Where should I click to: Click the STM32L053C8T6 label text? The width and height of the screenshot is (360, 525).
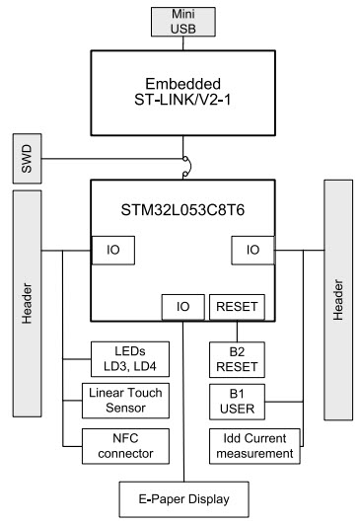click(181, 209)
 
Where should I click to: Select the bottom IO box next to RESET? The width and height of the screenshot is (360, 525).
click(183, 307)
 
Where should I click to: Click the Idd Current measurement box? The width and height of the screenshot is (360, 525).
click(252, 445)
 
